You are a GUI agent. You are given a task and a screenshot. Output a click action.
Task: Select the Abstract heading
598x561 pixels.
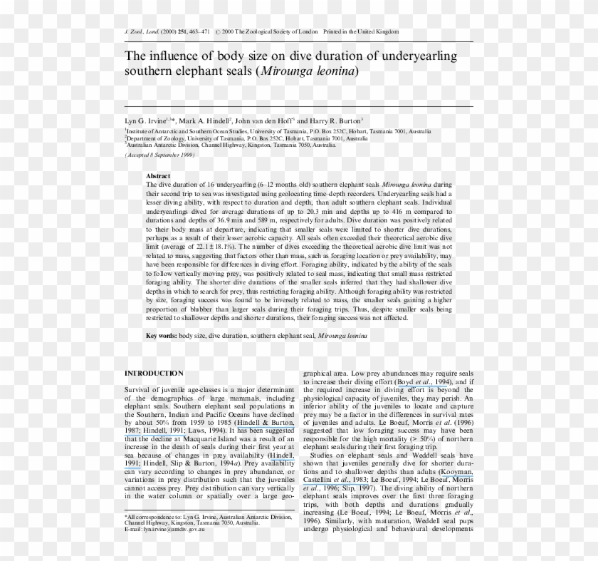point(158,175)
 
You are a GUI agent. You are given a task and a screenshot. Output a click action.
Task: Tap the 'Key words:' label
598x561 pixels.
point(161,334)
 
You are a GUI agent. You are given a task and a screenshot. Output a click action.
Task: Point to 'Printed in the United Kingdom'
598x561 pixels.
point(361,32)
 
